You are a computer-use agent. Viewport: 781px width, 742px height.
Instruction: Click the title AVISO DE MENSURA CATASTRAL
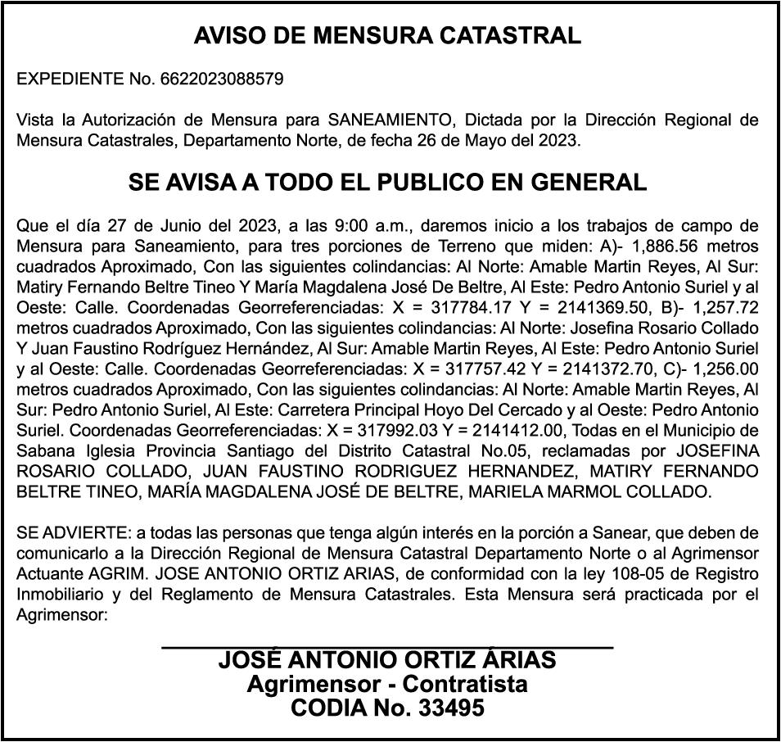pos(387,36)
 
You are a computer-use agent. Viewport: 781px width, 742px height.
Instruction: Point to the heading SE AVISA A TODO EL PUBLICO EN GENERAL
pos(387,182)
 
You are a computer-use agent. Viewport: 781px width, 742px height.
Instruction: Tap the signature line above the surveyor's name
pos(387,648)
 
